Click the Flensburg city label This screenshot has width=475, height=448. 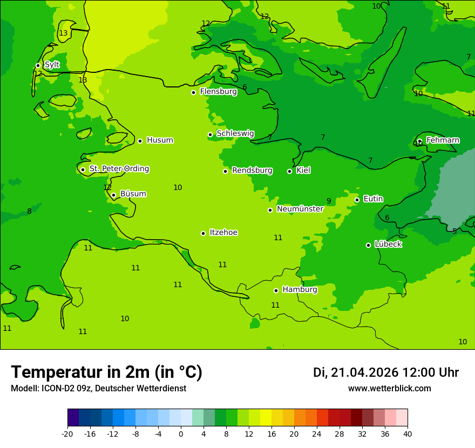pos(218,92)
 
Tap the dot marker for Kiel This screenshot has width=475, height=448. pos(289,171)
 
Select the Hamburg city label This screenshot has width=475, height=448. pos(300,290)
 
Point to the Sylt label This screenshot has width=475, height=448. pos(52,65)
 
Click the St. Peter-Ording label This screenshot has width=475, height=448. pos(119,169)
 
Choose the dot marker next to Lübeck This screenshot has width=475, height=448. pos(368,245)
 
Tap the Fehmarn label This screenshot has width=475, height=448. pos(443,140)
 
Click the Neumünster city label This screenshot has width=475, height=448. pos(300,209)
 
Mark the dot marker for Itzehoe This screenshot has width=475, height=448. pos(203,233)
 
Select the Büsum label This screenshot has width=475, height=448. pos(133,194)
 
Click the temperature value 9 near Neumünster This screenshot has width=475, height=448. pos(329,201)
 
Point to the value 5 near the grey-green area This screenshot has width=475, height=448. pos(454,231)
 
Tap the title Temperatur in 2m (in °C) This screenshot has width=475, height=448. pos(106,372)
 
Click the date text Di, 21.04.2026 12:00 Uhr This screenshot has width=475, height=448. pos(386,372)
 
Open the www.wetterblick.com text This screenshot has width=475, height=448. pos(389,389)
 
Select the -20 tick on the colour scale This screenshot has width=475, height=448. pos(67,433)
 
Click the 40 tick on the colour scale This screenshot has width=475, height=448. pos(408,433)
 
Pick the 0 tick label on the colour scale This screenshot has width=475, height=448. pos(181,433)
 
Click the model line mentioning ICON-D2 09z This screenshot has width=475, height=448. pos(98,389)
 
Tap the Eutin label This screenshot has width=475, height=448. pos(373,199)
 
